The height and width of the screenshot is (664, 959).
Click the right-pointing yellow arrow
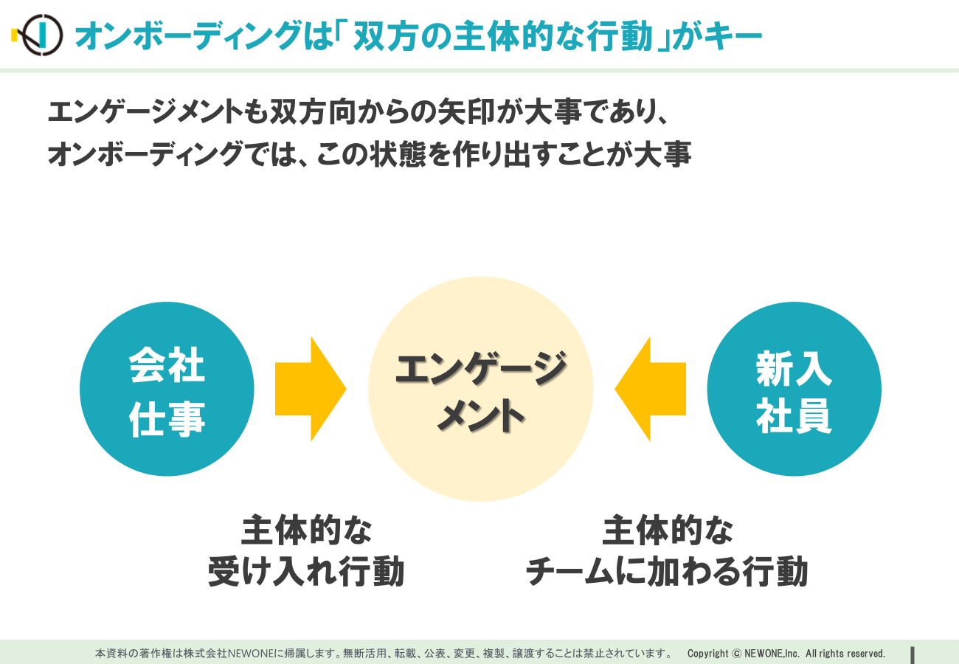[311, 389]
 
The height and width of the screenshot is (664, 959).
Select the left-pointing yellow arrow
[651, 389]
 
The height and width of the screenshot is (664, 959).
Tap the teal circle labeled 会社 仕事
[167, 389]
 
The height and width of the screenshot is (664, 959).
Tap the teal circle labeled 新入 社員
[794, 389]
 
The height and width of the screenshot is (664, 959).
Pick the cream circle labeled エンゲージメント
[480, 389]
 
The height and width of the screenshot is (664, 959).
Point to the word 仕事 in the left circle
[167, 419]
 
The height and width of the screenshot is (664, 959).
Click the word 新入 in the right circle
[794, 368]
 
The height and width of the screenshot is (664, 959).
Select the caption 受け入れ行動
[306, 571]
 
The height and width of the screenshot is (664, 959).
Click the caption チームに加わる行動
[667, 571]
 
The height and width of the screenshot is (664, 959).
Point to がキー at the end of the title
[718, 36]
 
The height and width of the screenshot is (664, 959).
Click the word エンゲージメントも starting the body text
[158, 111]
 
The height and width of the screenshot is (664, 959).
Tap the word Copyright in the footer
[707, 653]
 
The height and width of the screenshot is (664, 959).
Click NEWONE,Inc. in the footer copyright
[772, 653]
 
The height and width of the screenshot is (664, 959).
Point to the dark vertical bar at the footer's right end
[913, 655]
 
